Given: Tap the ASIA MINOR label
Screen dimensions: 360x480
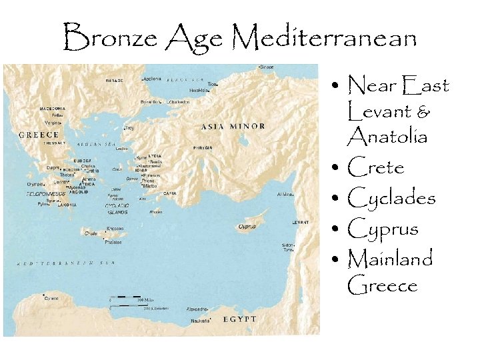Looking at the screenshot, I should [233, 126].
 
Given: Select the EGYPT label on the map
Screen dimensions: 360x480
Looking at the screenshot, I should [240, 319].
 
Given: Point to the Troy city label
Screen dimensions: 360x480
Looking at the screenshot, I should [129, 127].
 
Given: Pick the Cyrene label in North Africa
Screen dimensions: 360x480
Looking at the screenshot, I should [51, 299].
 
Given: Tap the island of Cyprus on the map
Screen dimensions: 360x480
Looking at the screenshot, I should [247, 225].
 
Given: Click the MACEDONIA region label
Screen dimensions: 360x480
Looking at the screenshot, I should [52, 108].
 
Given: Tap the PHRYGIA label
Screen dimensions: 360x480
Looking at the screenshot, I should [203, 147].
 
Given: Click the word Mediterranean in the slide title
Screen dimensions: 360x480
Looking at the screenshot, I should [326, 38].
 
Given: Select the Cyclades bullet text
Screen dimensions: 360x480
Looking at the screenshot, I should [391, 198].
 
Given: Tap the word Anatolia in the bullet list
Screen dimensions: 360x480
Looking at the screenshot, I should [387, 137].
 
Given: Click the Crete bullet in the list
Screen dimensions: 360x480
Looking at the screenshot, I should [376, 167].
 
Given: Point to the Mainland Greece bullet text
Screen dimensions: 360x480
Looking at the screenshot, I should [390, 271].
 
